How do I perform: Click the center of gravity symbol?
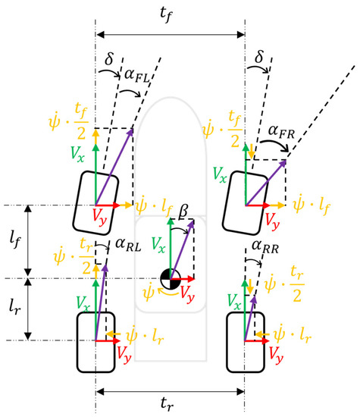172,278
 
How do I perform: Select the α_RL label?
128,244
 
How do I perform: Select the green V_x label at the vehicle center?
157,244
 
